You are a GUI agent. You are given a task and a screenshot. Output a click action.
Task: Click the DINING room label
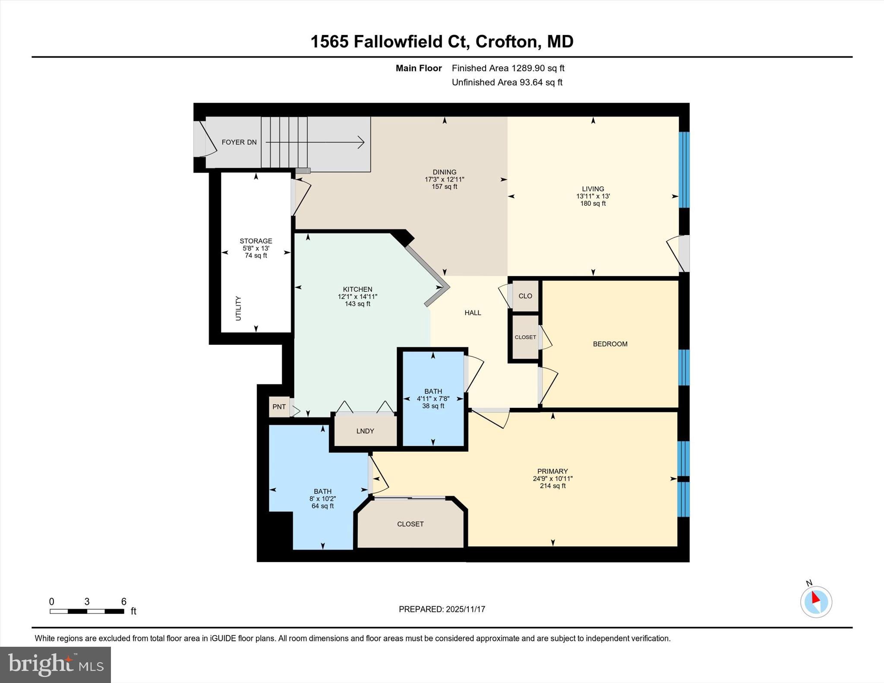click(444, 172)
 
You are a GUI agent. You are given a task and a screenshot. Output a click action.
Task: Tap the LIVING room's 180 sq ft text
click(593, 204)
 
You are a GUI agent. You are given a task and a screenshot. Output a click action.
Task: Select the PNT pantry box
click(279, 407)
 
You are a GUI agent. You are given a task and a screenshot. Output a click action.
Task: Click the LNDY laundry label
click(365, 431)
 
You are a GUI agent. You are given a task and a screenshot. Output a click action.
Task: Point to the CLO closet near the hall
click(525, 296)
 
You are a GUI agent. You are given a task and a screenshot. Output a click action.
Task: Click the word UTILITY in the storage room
click(238, 308)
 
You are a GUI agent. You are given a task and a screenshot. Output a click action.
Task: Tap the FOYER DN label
click(239, 142)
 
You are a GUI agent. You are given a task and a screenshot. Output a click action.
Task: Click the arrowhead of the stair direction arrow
click(361, 142)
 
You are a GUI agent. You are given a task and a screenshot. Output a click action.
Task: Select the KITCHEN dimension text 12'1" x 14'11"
click(357, 297)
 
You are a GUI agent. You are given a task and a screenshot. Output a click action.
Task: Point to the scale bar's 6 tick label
click(124, 601)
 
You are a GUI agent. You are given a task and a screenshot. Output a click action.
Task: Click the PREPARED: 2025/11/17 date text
click(442, 609)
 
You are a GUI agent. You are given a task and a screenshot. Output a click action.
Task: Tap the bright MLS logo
click(55, 664)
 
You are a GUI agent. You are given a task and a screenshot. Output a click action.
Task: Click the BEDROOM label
click(610, 344)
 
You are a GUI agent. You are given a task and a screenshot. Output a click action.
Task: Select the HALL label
click(473, 313)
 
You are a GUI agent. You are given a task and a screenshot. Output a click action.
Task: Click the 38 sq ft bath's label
click(433, 392)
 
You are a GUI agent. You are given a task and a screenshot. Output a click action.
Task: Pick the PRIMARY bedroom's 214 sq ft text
click(552, 486)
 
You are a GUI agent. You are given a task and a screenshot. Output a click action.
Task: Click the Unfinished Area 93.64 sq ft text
click(507, 82)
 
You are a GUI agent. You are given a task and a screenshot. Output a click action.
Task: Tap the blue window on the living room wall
click(684, 170)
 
